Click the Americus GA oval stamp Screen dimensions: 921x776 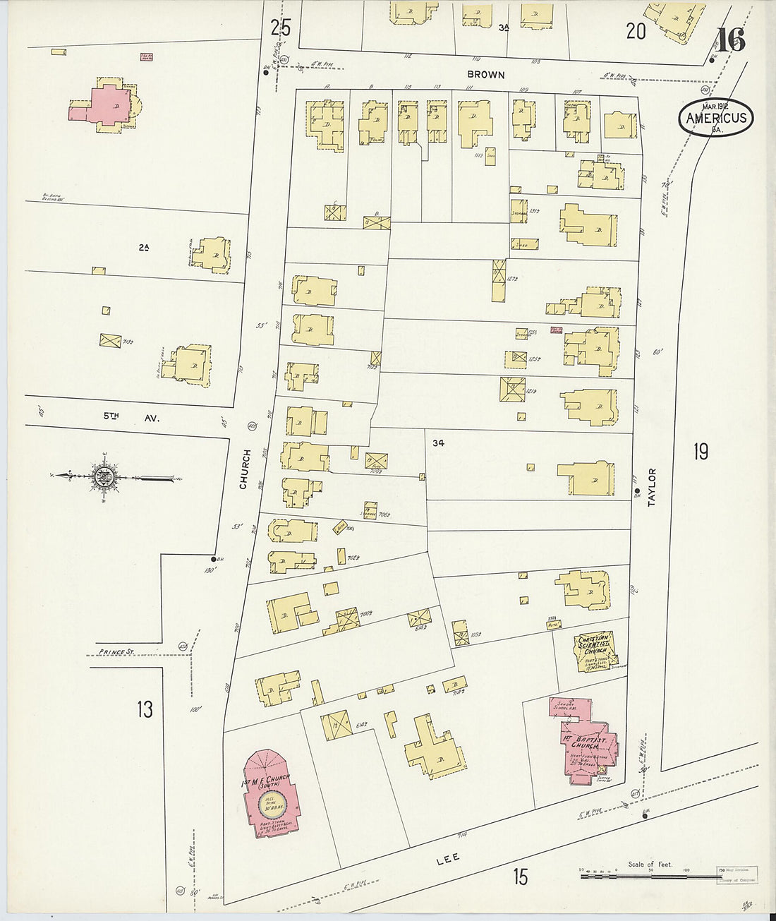pos(716,118)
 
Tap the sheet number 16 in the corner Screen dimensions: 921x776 pos(732,40)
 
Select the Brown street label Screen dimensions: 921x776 pos(486,74)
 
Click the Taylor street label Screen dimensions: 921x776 pos(652,487)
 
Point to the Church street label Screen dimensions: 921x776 pos(244,469)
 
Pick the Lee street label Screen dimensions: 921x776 pos(448,857)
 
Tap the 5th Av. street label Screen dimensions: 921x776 pos(132,417)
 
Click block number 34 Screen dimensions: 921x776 pos(439,443)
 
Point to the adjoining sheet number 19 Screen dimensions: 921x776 pos(700,452)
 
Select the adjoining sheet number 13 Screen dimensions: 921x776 pos(145,709)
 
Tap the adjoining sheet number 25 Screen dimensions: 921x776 pos(280,28)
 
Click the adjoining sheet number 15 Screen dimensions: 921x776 pos(520,877)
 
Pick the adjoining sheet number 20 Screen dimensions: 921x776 pos(636,30)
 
